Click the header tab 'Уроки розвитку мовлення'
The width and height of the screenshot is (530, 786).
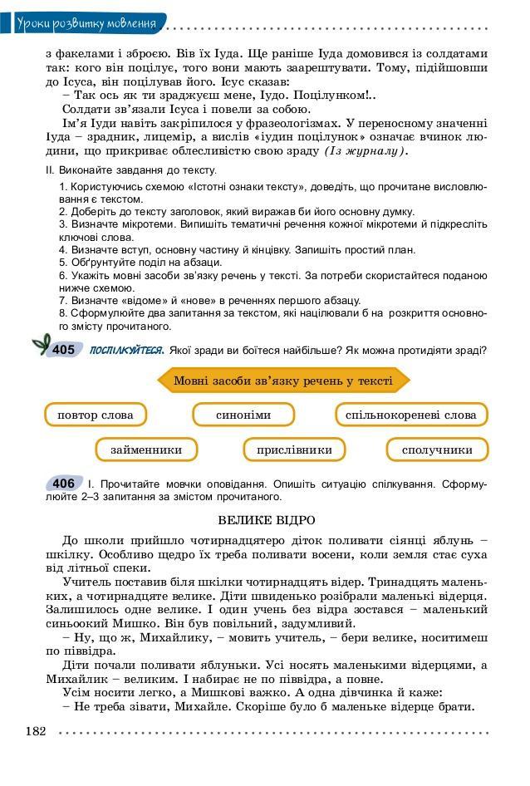click(86, 22)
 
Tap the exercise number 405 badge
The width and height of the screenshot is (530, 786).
click(63, 350)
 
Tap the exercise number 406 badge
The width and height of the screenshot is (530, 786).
click(63, 484)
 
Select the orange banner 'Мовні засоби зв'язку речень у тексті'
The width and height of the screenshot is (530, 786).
click(283, 381)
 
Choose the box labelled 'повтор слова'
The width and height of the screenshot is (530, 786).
click(95, 415)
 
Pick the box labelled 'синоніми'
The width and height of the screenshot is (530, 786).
click(243, 415)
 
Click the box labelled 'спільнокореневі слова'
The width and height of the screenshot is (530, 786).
click(410, 415)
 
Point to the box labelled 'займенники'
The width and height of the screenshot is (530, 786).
click(146, 449)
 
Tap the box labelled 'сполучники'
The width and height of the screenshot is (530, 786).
click(437, 449)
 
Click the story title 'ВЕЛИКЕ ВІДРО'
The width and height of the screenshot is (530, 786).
click(266, 520)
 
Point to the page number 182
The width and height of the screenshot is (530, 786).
click(36, 731)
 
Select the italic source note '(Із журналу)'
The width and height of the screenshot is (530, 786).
click(366, 151)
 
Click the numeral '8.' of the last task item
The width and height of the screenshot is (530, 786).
click(64, 313)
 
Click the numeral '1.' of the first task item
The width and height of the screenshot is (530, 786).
click(64, 187)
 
